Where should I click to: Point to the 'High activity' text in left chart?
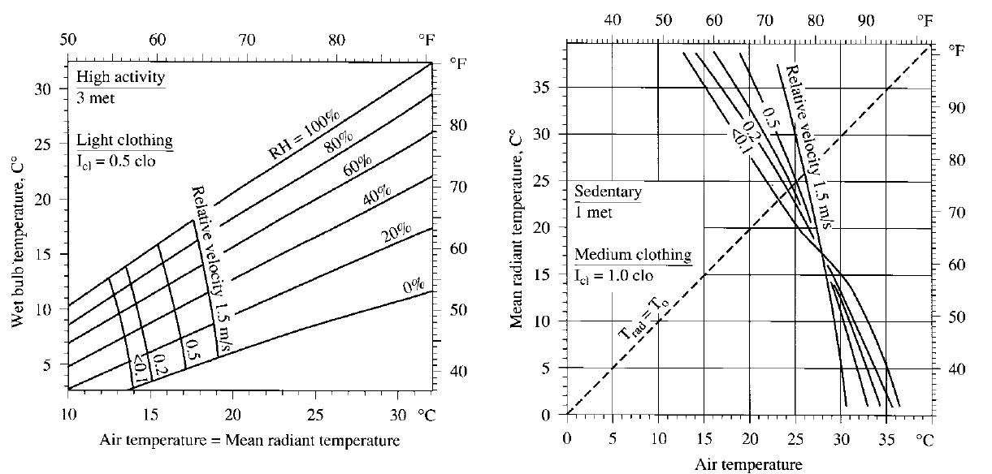(121, 80)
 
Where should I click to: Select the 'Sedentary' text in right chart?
(608, 192)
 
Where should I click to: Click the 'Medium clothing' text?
(633, 255)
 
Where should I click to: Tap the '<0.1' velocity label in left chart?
(139, 368)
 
